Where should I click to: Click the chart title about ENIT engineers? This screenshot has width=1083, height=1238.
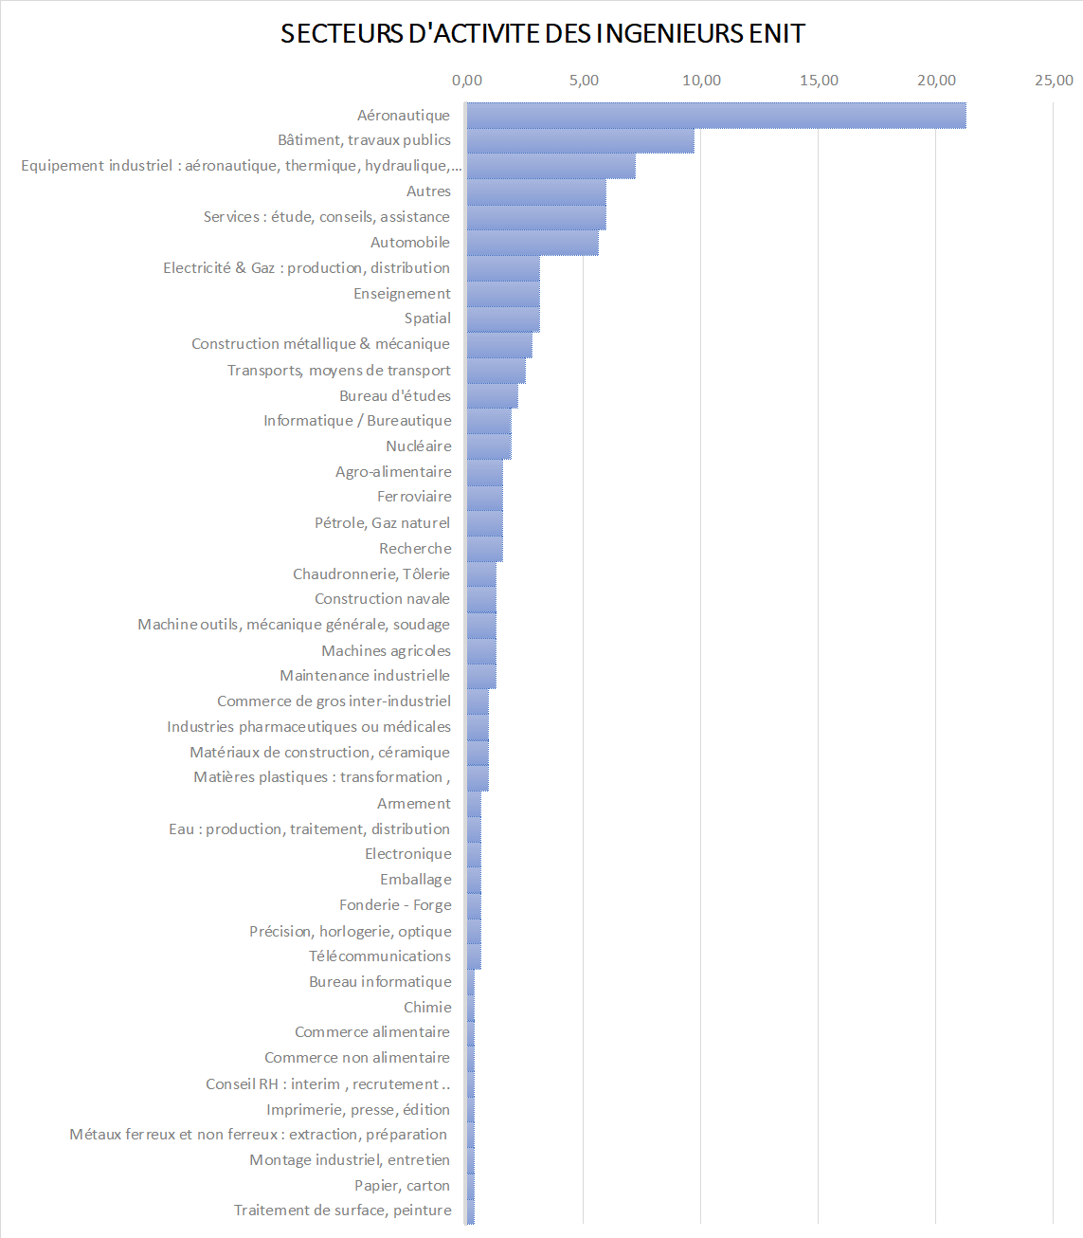point(542,34)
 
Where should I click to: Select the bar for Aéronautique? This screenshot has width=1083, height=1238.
point(715,115)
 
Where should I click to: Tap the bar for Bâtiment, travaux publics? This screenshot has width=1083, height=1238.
point(580,140)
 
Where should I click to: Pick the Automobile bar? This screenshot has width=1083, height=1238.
point(532,243)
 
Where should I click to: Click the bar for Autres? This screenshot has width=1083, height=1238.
point(535,191)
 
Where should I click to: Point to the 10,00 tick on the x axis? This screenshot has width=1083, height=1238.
point(701,81)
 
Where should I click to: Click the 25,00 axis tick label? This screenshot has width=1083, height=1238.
point(1054,81)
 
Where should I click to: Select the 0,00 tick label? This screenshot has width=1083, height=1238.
point(467,81)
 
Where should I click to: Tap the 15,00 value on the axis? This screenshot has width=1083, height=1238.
point(819,81)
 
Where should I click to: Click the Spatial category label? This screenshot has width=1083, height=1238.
point(427,319)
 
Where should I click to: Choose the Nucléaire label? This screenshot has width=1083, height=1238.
point(419,446)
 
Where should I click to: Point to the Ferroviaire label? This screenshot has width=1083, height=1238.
point(414,497)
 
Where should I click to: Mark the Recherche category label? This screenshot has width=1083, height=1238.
point(415,549)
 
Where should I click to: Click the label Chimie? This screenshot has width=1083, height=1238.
point(427,1008)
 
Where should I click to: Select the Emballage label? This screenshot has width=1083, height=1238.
point(416,880)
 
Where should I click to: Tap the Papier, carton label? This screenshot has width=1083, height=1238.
point(402,1186)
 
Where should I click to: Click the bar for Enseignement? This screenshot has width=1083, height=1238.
point(502,294)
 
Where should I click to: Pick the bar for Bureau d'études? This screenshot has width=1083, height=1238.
point(492,396)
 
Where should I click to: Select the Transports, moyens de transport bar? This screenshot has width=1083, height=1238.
point(496,371)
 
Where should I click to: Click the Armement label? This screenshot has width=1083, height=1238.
point(414,804)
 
